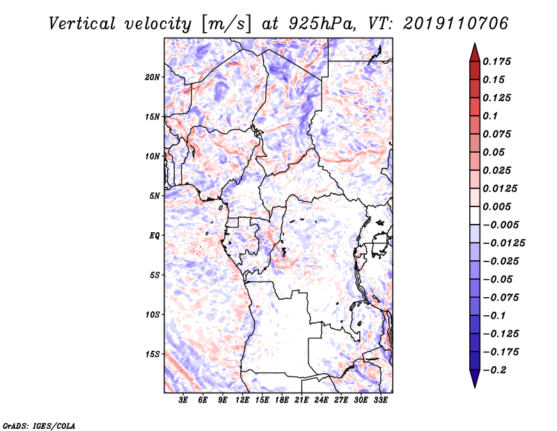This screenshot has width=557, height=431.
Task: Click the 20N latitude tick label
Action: coord(152,77)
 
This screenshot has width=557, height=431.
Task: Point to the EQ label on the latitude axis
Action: coord(154,236)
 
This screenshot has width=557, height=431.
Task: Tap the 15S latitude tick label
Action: coord(152,354)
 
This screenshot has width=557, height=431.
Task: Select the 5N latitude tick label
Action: coord(155,196)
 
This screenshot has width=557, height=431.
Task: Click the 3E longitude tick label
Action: coord(183,400)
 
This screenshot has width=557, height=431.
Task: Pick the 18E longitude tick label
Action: coord(282,400)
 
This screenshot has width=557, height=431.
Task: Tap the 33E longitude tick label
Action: coord(380,400)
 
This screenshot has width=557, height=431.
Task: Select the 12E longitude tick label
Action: coord(242,400)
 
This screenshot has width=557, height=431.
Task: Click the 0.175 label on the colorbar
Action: coord(496,61)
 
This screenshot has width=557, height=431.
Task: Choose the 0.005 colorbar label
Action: coord(496,206)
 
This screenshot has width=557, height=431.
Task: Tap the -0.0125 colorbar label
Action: coord(503,243)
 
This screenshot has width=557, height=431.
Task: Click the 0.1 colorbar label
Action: coord(490,116)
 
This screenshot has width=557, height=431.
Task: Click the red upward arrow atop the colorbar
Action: coord(475,52)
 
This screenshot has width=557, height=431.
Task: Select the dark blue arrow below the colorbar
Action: coord(475,379)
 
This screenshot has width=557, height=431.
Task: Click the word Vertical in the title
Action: coord(82,24)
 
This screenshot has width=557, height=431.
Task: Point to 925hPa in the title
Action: coord(322,24)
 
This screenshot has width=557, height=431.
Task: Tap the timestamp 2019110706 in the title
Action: coord(456,24)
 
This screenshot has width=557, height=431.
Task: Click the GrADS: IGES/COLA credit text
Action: coord(39,425)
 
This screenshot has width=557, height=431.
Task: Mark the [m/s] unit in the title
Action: coord(226,24)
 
